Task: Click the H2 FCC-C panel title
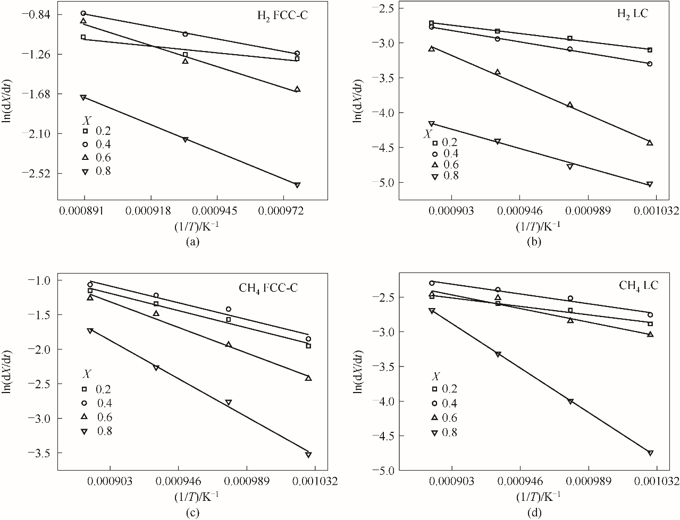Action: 280,15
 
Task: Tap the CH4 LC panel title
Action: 639,286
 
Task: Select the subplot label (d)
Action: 534,513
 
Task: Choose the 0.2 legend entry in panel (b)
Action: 445,142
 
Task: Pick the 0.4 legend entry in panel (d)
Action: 446,403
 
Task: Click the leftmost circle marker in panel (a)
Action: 83,13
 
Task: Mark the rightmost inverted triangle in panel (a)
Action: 297,185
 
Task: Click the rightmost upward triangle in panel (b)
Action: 650,142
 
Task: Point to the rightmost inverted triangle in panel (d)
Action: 650,453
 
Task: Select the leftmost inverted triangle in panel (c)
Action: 90,330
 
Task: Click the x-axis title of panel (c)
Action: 196,496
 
